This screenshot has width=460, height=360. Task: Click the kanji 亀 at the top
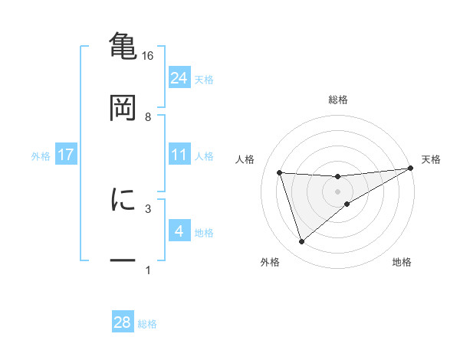click(x=123, y=46)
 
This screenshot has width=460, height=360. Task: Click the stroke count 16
click(x=148, y=56)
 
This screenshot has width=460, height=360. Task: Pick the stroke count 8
click(x=148, y=117)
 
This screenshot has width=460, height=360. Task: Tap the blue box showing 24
click(x=179, y=77)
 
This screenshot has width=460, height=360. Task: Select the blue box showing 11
click(x=179, y=155)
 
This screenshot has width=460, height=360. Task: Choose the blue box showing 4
click(x=179, y=231)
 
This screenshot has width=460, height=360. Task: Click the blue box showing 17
click(x=65, y=155)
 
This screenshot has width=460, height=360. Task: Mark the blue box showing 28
click(x=123, y=322)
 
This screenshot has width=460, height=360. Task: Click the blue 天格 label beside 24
click(x=204, y=80)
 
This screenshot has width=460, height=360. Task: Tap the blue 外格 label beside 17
click(x=41, y=156)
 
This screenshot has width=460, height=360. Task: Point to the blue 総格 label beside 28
click(x=147, y=324)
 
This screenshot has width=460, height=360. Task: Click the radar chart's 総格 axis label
click(x=338, y=100)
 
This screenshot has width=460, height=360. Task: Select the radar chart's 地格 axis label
click(x=402, y=262)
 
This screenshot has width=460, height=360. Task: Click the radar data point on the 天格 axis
click(x=410, y=169)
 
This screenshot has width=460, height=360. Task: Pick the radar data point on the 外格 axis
click(x=301, y=242)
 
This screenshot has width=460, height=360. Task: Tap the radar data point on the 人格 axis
click(x=280, y=172)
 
